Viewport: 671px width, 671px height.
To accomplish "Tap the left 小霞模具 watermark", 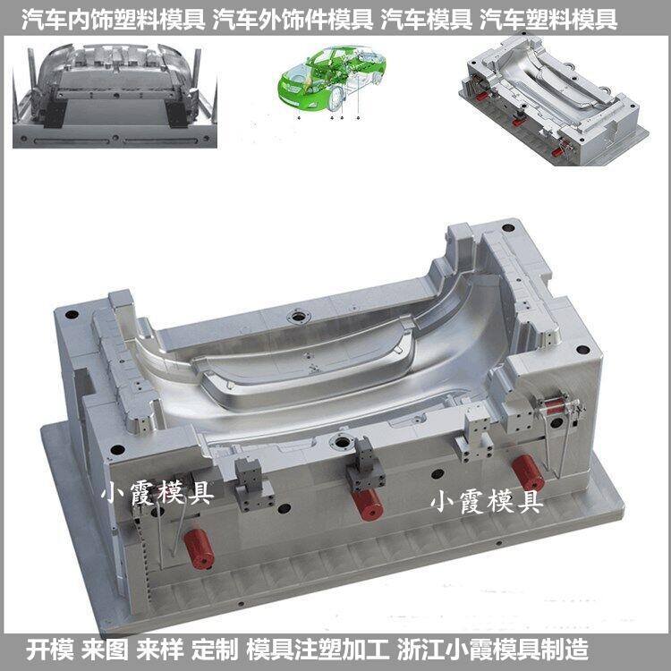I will click(157, 492).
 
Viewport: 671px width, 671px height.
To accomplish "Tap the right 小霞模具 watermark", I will click(487, 502).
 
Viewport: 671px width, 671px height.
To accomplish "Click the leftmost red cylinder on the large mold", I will click(200, 547).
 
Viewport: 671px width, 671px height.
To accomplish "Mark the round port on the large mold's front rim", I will click(340, 442).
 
